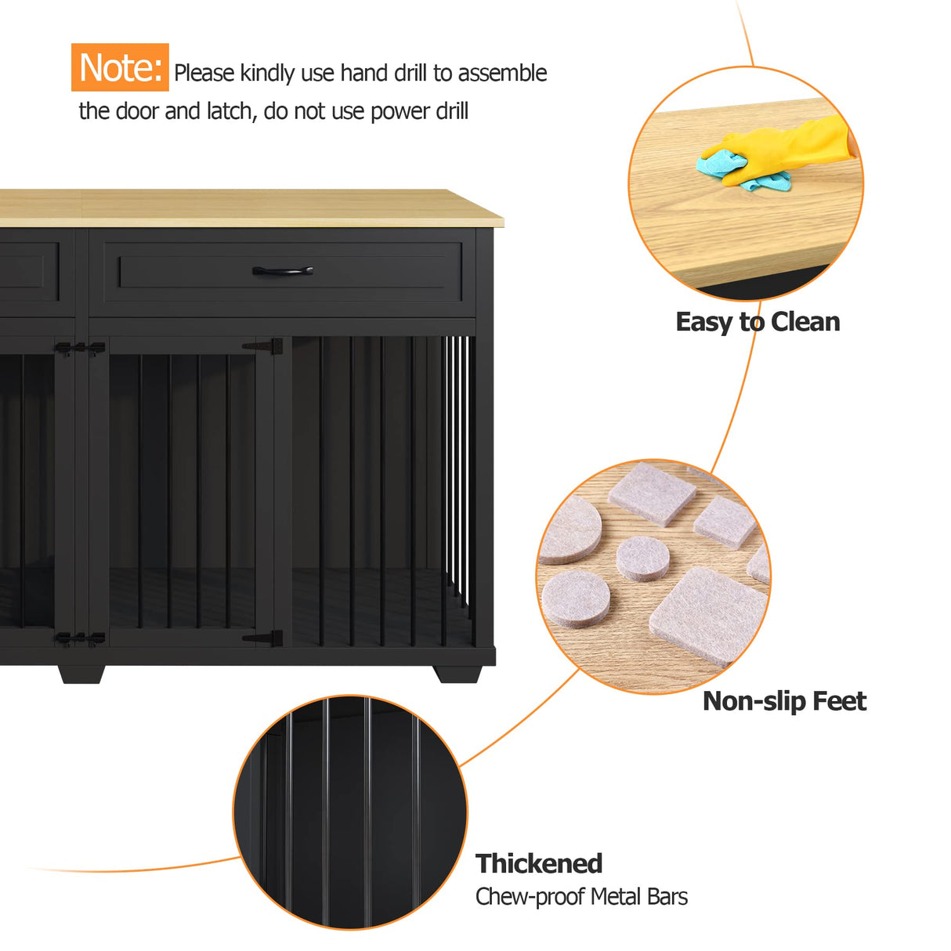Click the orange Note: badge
coord(120,67)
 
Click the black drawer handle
coord(283,271)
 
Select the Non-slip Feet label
coord(784,701)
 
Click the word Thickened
coord(539,863)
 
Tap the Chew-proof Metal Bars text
coord(581,897)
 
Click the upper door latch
coord(80,347)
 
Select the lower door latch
coord(80,639)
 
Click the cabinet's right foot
coord(458,674)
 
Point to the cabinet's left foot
coord(81,674)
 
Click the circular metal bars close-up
coord(350,812)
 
